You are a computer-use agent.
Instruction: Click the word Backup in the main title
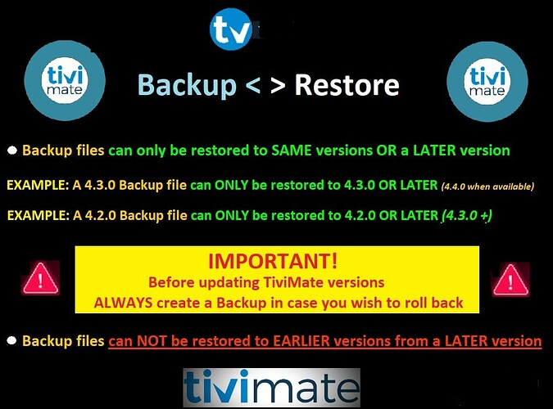click(187, 86)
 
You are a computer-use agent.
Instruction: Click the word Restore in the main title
click(347, 85)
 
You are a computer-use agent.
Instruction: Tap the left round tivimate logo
click(65, 80)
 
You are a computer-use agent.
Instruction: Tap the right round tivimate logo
click(487, 81)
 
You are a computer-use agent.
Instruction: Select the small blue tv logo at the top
click(231, 29)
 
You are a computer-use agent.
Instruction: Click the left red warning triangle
click(40, 278)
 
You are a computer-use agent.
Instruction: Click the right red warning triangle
click(510, 280)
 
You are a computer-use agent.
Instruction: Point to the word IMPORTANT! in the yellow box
click(273, 261)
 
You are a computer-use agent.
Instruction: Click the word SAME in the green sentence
click(292, 151)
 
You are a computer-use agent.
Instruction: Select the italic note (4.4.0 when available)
click(487, 186)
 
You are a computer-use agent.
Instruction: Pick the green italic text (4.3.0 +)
click(467, 215)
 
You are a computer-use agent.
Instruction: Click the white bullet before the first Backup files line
click(12, 151)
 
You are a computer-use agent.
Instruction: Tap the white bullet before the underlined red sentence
click(11, 340)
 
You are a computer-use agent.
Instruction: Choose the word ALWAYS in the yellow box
click(123, 303)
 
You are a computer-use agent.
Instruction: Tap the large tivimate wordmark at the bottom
click(271, 387)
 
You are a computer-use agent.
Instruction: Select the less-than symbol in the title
click(252, 85)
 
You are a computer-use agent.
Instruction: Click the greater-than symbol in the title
click(278, 85)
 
